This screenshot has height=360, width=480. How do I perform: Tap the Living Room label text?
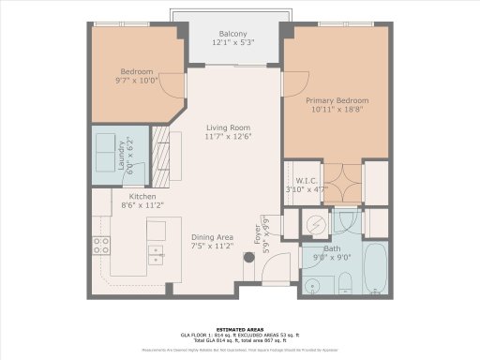coord(228,129)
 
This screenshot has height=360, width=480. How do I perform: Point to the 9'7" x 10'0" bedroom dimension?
coord(136,80)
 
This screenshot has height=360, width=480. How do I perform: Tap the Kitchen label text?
coord(142,196)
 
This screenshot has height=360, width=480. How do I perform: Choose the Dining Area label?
coord(213,237)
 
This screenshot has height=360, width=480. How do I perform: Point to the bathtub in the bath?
coord(375,269)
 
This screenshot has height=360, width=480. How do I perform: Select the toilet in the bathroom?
coord(343,282)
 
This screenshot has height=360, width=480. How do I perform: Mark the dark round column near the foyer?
coord(249,259)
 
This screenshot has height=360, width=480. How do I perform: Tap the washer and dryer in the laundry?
coord(104,157)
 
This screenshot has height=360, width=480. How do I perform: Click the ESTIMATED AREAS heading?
coord(239,329)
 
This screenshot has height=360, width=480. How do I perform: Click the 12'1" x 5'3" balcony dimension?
coord(226,41)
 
